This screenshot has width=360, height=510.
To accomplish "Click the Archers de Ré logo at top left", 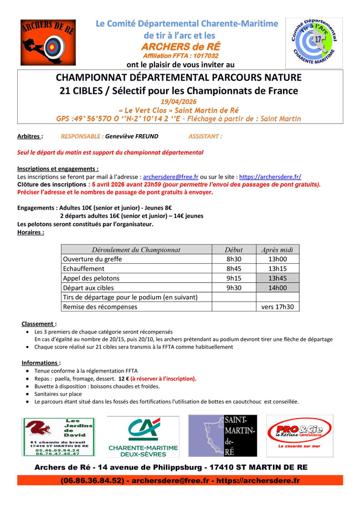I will click(49, 43).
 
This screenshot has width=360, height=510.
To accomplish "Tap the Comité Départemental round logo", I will click(313, 43).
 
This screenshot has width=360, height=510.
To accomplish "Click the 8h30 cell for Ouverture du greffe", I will click(234, 259).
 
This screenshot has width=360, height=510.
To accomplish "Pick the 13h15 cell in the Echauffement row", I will click(277, 268).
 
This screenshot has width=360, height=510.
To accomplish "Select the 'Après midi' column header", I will click(277, 249).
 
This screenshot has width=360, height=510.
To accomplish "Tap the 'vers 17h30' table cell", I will click(277, 307).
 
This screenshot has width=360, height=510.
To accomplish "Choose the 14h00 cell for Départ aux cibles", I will click(277, 287).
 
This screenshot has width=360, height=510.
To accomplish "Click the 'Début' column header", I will click(234, 249).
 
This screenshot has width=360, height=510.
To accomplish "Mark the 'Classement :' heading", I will click(39, 324).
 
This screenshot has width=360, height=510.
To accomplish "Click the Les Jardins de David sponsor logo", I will click(58, 437).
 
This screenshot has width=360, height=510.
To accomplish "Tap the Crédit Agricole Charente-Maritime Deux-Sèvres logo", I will click(143, 437).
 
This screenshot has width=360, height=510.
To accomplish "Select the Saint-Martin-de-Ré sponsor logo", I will click(223, 437).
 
